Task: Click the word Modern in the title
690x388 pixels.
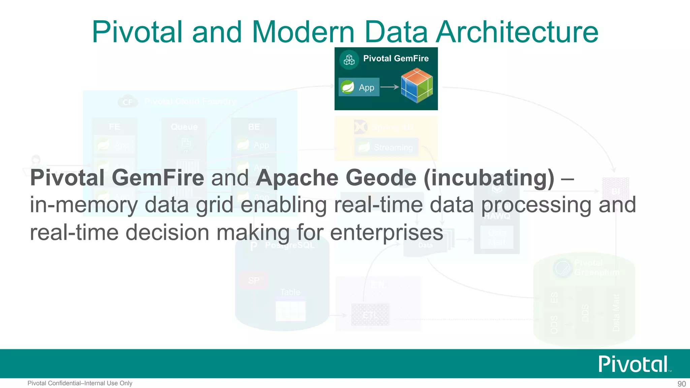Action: click(x=303, y=32)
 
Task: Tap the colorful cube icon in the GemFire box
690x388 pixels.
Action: click(x=417, y=85)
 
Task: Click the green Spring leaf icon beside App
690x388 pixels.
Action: click(x=347, y=87)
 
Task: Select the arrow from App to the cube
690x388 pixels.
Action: click(x=390, y=87)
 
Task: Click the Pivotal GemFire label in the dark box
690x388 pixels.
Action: click(x=396, y=59)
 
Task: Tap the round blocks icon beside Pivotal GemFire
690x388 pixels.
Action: click(x=349, y=60)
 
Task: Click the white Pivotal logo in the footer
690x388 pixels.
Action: click(x=634, y=364)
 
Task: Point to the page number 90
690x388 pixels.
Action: click(x=681, y=384)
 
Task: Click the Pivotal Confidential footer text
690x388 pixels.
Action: click(x=80, y=383)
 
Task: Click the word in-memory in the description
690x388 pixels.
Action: click(x=84, y=205)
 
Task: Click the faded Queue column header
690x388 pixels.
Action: click(x=184, y=127)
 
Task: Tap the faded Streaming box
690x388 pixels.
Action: click(x=386, y=147)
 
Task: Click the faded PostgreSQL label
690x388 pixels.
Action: click(x=290, y=245)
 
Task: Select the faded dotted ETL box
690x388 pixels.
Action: click(x=370, y=315)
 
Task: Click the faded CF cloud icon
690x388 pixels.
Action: click(x=128, y=102)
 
